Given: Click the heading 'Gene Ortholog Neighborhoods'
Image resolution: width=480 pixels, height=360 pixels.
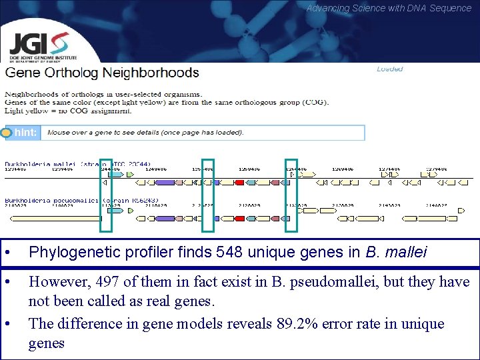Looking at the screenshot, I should pyautogui.click(x=102, y=73).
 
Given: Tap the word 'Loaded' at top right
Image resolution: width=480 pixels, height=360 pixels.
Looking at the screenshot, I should pyautogui.click(x=389, y=69).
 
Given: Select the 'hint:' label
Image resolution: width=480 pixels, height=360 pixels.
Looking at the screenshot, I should pyautogui.click(x=25, y=133).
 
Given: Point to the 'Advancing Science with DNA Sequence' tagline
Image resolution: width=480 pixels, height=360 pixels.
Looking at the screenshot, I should pyautogui.click(x=389, y=8).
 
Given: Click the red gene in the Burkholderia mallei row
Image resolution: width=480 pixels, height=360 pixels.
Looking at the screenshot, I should pyautogui.click(x=239, y=182).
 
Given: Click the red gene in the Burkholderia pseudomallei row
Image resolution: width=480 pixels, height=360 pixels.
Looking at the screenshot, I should pyautogui.click(x=239, y=218).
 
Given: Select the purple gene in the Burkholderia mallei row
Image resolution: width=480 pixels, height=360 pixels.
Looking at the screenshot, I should pyautogui.click(x=165, y=182).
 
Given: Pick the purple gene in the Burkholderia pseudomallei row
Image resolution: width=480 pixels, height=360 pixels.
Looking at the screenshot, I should pyautogui.click(x=165, y=218).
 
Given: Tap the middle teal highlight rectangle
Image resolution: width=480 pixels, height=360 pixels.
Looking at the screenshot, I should pyautogui.click(x=208, y=195).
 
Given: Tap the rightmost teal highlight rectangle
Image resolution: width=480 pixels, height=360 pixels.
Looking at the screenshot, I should pyautogui.click(x=291, y=195).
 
